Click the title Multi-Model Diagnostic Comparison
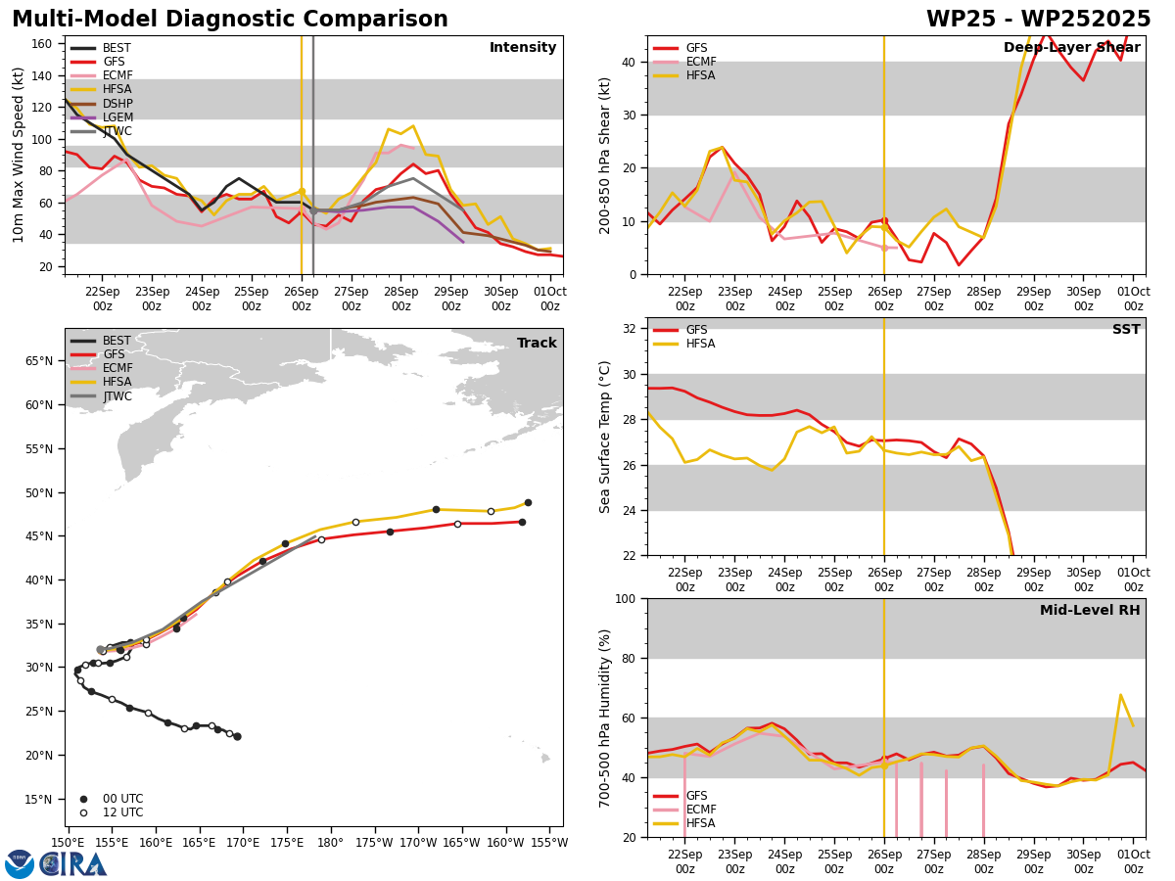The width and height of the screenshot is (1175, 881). (230, 20)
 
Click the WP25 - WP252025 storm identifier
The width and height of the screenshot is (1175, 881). (1038, 20)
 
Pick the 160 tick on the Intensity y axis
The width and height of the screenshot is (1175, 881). (41, 44)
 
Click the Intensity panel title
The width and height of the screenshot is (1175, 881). (523, 48)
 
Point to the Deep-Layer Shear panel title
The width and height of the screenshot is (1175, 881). (1071, 48)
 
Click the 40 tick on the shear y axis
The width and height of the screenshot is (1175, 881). (628, 62)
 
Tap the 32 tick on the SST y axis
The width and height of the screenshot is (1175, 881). (628, 329)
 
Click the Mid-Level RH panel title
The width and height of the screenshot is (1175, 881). (1090, 610)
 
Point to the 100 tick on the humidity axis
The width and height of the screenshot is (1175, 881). (625, 599)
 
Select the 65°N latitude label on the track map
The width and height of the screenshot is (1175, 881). (39, 361)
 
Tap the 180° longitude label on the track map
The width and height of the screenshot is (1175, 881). (330, 844)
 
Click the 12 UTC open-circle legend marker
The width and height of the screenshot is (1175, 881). (83, 813)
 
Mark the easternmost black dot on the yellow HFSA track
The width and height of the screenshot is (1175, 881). (528, 503)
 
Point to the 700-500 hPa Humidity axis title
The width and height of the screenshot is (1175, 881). (605, 719)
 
